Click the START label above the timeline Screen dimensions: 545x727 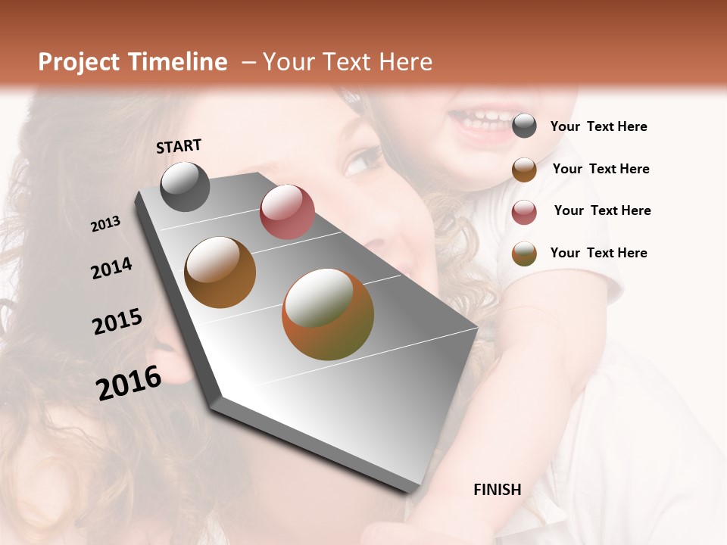179,146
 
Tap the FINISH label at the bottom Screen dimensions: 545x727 498,490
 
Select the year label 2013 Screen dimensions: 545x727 106,224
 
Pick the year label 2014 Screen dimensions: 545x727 112,269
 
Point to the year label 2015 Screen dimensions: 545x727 117,322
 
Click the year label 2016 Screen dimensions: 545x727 129,382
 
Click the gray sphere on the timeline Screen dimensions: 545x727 185,186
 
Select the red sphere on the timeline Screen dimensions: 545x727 287,212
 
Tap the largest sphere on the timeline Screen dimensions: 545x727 328,314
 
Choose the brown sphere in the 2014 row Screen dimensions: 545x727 220,272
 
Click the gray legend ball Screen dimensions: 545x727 524,126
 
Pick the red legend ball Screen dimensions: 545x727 524,212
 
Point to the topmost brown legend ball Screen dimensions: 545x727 524,170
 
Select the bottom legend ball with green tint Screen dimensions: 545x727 524,254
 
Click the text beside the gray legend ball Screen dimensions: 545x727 598,126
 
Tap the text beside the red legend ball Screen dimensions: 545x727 602,210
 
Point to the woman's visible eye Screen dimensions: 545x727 363,160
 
